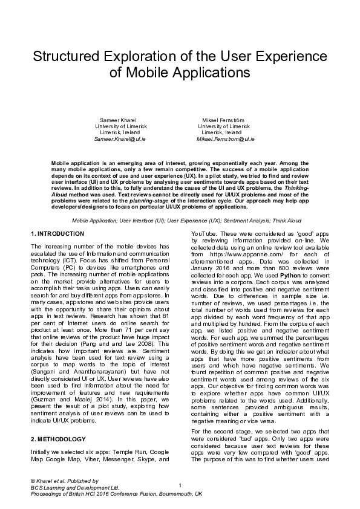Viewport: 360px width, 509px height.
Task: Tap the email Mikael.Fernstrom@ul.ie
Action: pyautogui.click(x=226, y=138)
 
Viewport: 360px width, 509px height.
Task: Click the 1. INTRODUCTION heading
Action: pyautogui.click(x=57, y=233)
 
